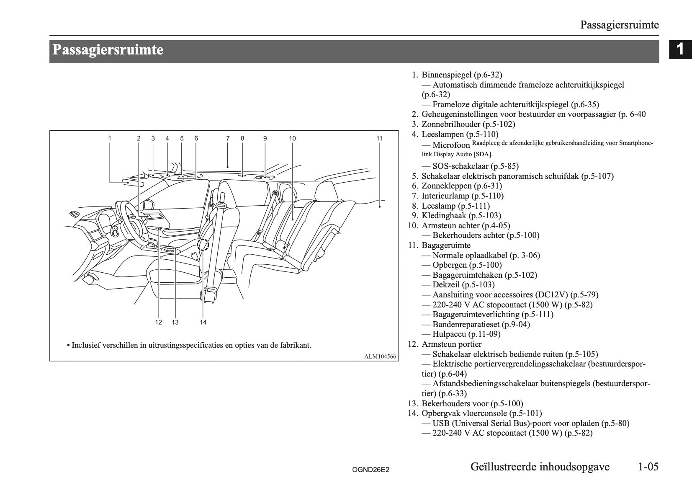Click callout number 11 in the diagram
click(x=379, y=138)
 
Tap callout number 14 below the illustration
click(x=203, y=322)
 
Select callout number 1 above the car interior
click(x=110, y=138)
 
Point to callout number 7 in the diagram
click(x=228, y=138)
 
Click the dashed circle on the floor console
click(x=203, y=244)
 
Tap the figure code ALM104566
click(x=380, y=356)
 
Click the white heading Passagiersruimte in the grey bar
click(x=108, y=50)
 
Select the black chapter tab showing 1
click(x=680, y=49)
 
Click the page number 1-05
click(x=648, y=466)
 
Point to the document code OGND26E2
click(x=370, y=470)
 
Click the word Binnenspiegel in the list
click(x=446, y=75)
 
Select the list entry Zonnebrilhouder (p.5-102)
click(x=468, y=124)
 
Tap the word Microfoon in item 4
click(x=451, y=145)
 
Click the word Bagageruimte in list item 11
click(x=446, y=245)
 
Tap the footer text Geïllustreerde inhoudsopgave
click(x=540, y=466)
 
